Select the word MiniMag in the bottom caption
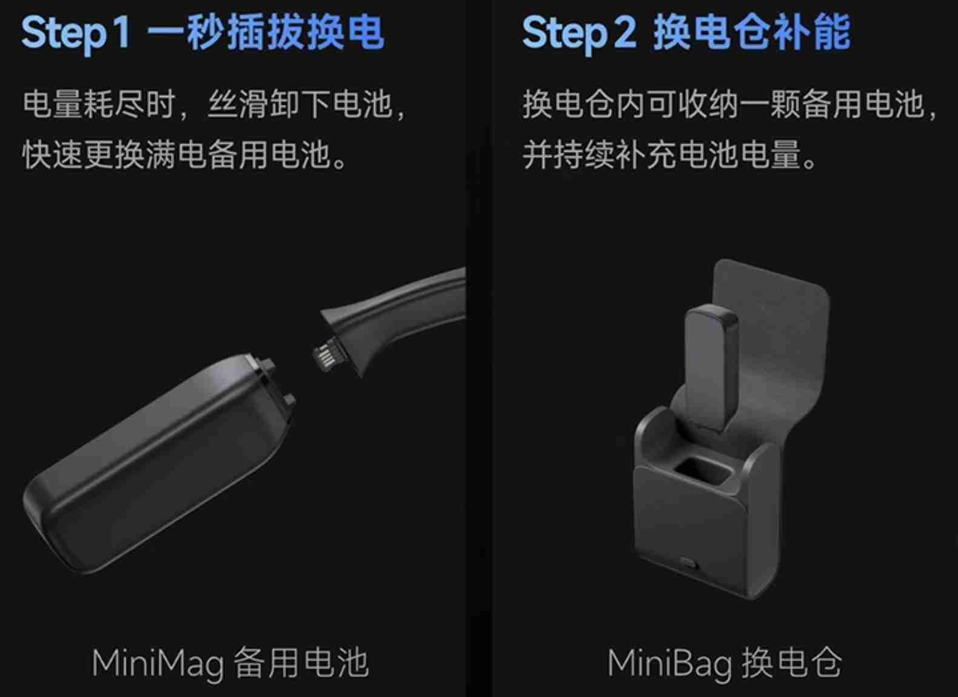[158, 664]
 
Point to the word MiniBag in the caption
[669, 664]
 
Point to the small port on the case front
[688, 562]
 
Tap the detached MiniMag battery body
[158, 464]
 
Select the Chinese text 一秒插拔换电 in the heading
[266, 32]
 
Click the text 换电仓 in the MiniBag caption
[792, 663]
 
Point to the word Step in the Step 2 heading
[564, 34]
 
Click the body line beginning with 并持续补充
[670, 154]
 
